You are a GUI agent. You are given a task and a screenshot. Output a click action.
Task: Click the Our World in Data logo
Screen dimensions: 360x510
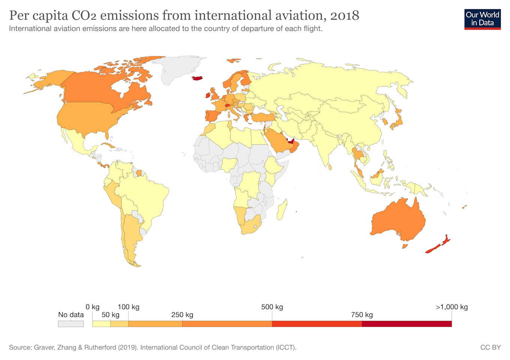(x=482, y=19)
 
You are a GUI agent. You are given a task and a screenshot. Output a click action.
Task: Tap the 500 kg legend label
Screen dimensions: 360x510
(x=272, y=307)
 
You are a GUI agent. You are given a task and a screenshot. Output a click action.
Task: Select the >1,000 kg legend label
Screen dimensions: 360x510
(x=451, y=307)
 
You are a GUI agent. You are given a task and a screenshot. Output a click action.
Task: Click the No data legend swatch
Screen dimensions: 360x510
(x=70, y=324)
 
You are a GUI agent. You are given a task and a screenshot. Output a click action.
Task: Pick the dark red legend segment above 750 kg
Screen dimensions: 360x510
(x=406, y=324)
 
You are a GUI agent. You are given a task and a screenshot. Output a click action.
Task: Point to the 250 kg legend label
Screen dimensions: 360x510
(x=182, y=315)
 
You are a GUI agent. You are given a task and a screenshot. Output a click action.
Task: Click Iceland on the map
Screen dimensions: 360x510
(x=197, y=78)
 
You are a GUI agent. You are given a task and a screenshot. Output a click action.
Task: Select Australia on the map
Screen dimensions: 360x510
(x=397, y=221)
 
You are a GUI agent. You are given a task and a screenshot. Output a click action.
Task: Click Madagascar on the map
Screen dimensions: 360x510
(x=282, y=210)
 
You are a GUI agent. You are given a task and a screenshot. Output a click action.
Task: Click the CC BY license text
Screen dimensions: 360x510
(x=490, y=347)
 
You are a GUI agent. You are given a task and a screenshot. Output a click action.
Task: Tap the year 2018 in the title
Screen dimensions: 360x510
(x=345, y=15)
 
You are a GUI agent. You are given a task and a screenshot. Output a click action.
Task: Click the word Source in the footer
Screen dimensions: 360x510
(x=20, y=347)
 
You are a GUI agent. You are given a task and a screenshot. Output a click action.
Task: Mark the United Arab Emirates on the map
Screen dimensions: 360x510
(x=289, y=141)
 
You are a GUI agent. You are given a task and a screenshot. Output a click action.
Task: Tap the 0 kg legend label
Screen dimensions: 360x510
(x=93, y=307)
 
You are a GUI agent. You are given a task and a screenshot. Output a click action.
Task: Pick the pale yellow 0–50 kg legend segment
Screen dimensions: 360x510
(x=101, y=324)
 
